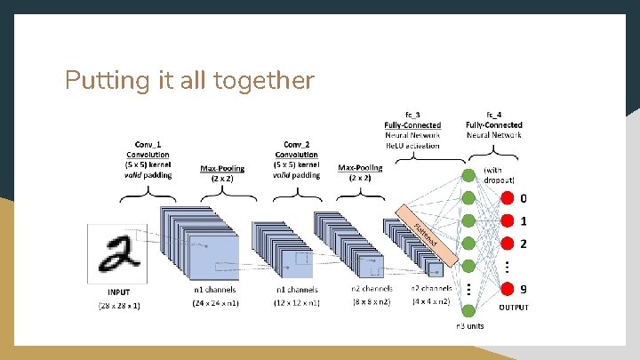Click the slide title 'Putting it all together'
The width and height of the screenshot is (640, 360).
[189, 81]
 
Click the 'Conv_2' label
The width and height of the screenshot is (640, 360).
[297, 144]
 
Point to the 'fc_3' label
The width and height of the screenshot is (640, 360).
[412, 115]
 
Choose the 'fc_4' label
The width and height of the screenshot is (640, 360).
[494, 115]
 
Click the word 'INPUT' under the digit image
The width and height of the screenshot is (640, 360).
[118, 292]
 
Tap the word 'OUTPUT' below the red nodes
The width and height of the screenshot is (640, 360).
[513, 308]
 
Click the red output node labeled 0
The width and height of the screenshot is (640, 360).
[508, 198]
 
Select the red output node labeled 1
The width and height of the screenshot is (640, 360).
[508, 220]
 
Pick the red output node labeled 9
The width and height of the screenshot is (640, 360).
[508, 288]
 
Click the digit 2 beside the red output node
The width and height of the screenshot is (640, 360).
[524, 243]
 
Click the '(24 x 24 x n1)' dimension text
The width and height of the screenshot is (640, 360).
[215, 304]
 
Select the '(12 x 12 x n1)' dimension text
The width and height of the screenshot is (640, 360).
[297, 304]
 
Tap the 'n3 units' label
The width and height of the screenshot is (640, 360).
[471, 327]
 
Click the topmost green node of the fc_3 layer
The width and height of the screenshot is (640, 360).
[468, 175]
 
